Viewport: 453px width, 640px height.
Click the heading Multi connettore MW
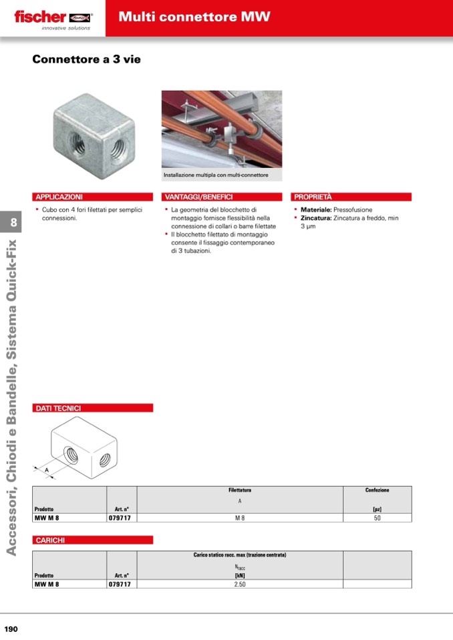194,17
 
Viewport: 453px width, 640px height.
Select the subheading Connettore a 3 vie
86,59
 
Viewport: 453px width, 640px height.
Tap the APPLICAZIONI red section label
59,197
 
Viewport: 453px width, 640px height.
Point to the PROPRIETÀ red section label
313,197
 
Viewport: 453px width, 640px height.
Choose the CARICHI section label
50,540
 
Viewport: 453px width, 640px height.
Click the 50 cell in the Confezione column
377,517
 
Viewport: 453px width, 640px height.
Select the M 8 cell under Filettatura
240,517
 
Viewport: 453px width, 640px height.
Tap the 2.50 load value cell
240,584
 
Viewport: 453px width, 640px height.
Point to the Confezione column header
377,491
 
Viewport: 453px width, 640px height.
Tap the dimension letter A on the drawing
47,470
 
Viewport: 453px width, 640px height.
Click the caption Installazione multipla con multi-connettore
216,175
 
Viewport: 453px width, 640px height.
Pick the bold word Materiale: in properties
316,210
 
